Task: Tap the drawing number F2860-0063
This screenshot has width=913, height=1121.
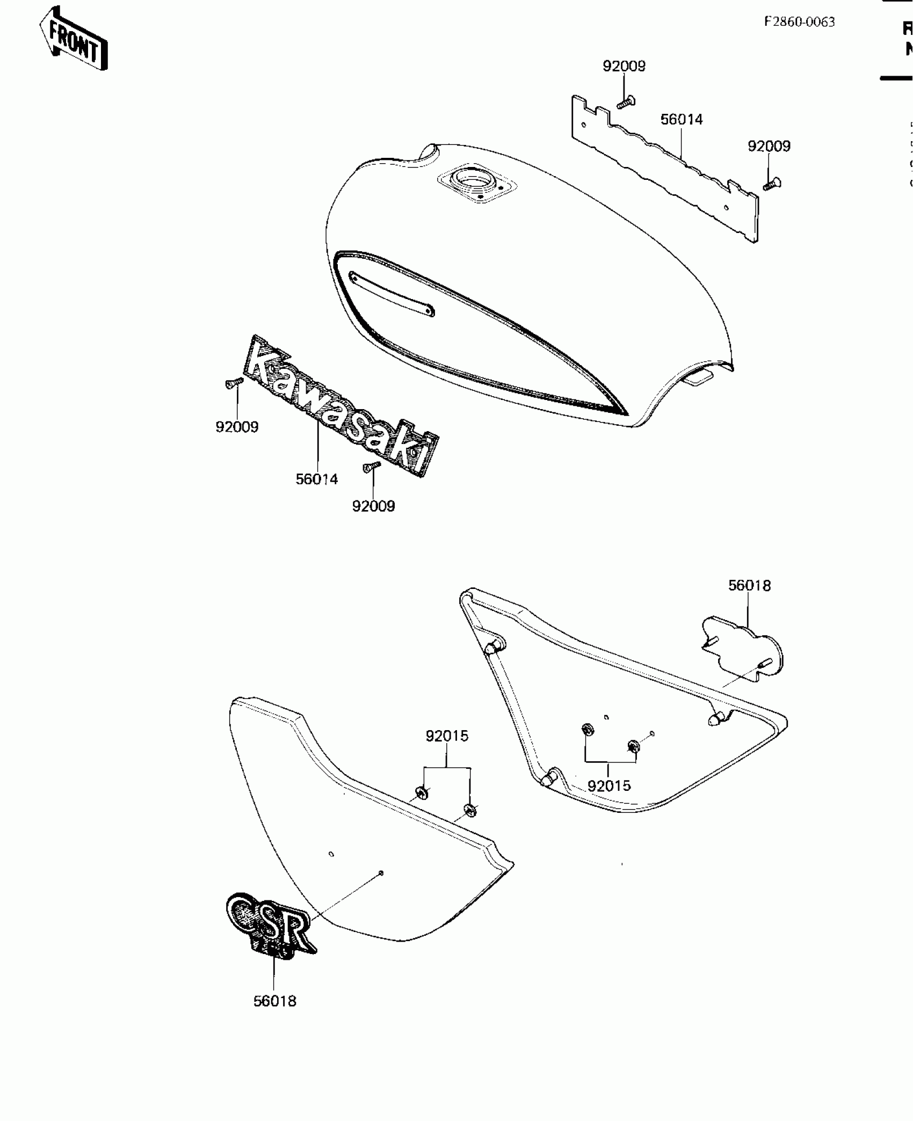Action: [x=800, y=21]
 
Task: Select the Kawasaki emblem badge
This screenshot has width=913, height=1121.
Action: [x=342, y=406]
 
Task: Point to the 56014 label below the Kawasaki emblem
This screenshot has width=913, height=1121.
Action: [x=317, y=479]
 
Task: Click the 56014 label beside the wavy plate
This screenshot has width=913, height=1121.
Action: [x=682, y=119]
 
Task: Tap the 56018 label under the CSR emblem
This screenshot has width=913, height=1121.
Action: [x=275, y=1001]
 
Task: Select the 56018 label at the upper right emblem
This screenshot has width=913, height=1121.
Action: [x=749, y=586]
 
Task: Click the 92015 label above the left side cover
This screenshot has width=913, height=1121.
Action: [x=447, y=736]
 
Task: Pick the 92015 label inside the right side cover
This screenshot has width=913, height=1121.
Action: [x=609, y=786]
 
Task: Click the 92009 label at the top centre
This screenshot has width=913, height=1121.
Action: [x=624, y=66]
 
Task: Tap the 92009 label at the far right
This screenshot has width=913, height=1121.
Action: [x=769, y=146]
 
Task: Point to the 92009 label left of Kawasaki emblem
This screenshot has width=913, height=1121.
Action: [x=237, y=427]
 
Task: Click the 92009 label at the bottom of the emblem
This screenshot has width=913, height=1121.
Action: [x=373, y=506]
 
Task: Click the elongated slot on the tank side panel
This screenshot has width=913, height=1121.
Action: [x=392, y=294]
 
